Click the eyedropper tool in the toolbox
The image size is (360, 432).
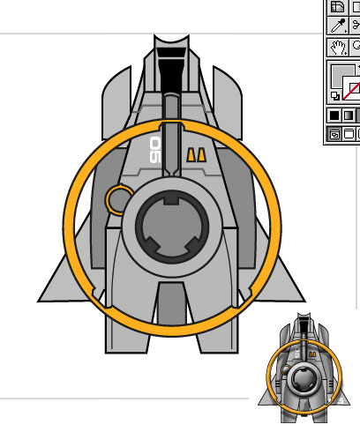point(338,26)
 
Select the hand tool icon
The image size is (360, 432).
point(339,48)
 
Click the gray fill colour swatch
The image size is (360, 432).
point(341,75)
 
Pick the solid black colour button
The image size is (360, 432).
point(334,115)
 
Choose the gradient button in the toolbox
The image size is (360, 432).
point(348,115)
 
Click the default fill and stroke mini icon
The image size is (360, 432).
point(334,95)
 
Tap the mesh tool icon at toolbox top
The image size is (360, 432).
point(337,7)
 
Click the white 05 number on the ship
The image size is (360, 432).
point(155,150)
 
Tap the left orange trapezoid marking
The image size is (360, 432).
point(191,154)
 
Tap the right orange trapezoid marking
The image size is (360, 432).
point(201,154)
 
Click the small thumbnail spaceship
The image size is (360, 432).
point(304,368)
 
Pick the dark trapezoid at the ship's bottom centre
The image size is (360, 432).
point(171,303)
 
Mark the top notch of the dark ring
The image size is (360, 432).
point(171,201)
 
